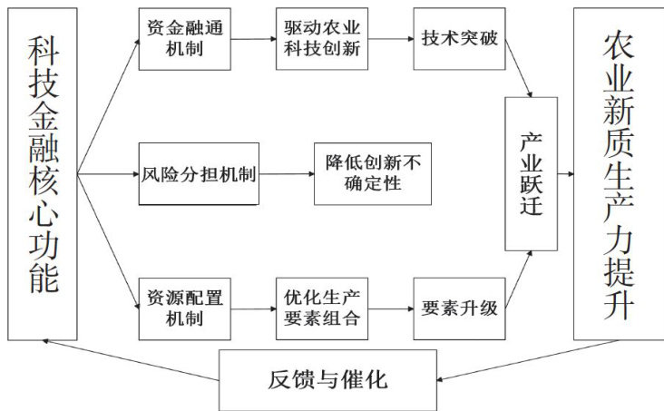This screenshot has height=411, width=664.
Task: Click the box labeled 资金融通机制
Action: click(185, 39)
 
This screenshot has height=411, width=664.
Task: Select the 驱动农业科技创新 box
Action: click(322, 38)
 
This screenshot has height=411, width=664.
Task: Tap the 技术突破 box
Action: click(460, 38)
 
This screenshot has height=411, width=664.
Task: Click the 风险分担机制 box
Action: click(199, 173)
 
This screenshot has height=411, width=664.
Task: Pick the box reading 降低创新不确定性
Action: click(373, 173)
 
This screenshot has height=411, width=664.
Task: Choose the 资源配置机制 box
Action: click(185, 308)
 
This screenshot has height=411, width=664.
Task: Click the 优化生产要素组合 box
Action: click(322, 308)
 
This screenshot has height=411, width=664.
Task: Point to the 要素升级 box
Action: click(460, 308)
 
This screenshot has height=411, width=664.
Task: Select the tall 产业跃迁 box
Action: click(531, 173)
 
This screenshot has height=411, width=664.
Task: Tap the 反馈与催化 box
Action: click(327, 380)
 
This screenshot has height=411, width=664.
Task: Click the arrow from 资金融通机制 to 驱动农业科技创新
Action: click(253, 39)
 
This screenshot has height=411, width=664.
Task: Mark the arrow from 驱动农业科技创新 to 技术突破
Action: click(391, 39)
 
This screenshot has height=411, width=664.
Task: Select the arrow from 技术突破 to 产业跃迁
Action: click(519, 68)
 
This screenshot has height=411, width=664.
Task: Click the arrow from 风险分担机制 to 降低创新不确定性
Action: click(287, 173)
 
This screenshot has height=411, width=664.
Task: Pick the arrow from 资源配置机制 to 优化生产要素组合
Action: click(253, 308)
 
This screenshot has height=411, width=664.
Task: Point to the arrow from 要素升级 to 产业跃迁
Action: click(519, 279)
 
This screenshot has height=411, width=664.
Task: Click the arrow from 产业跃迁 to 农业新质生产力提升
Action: click(565, 173)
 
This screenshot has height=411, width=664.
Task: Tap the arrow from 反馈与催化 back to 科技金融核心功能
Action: click(131, 360)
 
